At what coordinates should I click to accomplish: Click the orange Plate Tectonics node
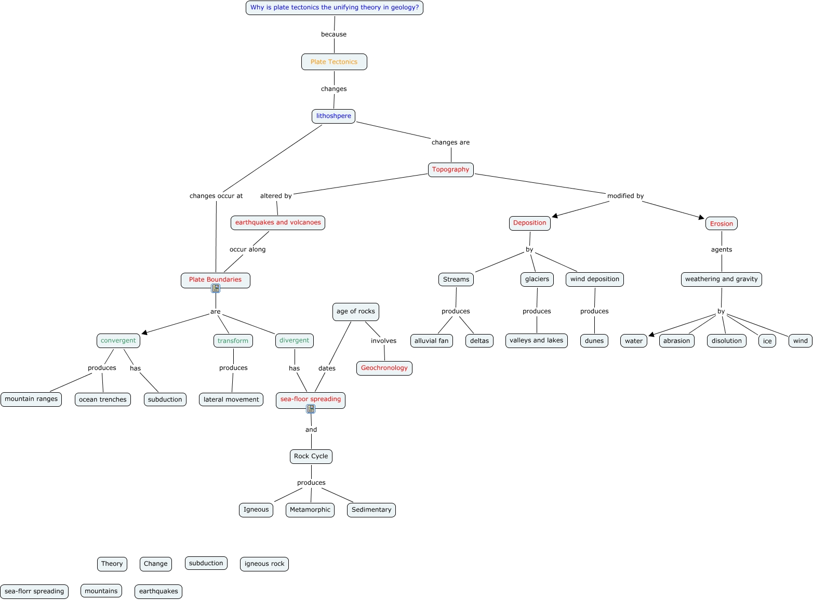334,62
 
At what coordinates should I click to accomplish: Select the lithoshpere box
334,116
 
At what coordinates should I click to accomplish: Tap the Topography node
450,169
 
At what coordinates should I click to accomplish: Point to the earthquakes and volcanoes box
278,222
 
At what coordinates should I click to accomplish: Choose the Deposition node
529,223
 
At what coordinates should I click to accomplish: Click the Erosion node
721,223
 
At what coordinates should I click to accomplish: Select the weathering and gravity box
721,279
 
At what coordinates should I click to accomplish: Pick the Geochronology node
384,368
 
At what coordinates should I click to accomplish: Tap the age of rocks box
355,311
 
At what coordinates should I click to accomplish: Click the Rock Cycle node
311,456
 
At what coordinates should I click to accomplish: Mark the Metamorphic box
310,510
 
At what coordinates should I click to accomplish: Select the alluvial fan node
431,341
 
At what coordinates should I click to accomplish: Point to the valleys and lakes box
536,340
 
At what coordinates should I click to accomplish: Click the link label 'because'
334,34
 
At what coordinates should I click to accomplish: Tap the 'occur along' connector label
247,249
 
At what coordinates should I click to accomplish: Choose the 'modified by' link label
625,196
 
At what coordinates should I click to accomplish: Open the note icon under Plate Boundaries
216,288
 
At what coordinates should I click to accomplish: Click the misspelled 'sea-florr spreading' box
34,591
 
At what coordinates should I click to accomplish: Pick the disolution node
726,341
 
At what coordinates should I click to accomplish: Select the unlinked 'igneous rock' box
264,564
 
